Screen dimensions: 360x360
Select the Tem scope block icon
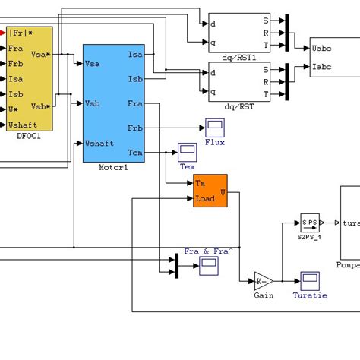(x=187, y=150)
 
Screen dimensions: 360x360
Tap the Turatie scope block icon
(x=309, y=280)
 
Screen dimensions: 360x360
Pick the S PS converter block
(x=309, y=223)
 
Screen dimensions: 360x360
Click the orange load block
(x=210, y=191)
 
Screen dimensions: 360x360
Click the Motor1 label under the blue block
(x=113, y=167)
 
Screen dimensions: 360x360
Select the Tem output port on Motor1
(x=136, y=152)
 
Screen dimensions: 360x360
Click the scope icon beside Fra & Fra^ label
(x=208, y=265)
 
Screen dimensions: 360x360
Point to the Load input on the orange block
(x=204, y=199)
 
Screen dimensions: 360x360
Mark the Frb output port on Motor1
(x=136, y=128)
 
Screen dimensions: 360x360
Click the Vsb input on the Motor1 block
(x=94, y=103)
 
